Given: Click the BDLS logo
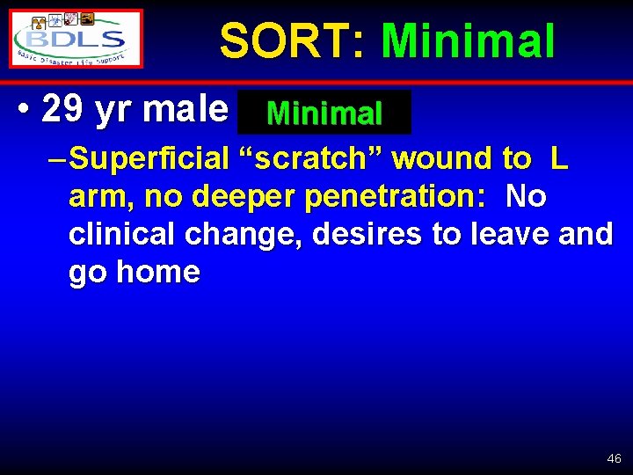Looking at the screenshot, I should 76,39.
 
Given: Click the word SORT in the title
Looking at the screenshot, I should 284,41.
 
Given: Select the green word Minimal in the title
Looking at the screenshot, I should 468,41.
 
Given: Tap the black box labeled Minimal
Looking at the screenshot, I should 324,113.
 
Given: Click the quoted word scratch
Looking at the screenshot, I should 312,159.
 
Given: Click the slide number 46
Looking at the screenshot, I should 614,458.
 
